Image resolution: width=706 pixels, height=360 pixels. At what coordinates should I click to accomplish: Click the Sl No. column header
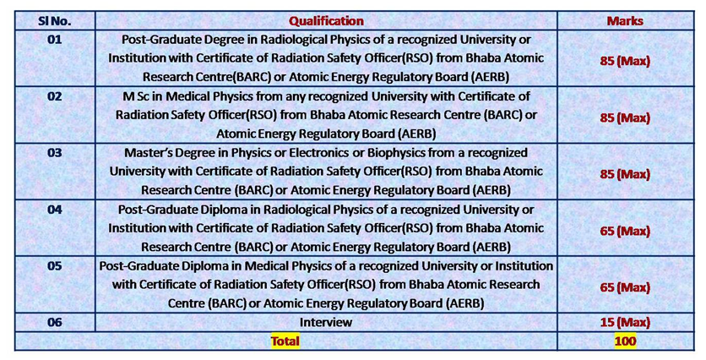click(x=55, y=21)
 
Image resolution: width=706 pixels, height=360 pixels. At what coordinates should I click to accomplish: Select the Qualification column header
click(x=326, y=21)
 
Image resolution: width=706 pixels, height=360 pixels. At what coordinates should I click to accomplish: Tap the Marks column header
click(x=625, y=21)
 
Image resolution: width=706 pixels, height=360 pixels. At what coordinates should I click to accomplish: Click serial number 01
click(x=55, y=40)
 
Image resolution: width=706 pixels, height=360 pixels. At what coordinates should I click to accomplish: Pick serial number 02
click(x=55, y=96)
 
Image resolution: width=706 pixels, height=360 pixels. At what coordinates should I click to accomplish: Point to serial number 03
click(x=55, y=153)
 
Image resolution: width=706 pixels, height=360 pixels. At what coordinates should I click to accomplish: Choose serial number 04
click(x=55, y=210)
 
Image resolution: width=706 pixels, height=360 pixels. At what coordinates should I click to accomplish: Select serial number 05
click(x=55, y=266)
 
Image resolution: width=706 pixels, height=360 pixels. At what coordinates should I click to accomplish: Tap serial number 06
click(x=55, y=323)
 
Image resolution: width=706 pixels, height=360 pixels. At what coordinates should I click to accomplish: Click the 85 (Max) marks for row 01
click(x=625, y=61)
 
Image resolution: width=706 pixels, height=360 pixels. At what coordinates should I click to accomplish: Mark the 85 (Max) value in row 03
click(x=625, y=174)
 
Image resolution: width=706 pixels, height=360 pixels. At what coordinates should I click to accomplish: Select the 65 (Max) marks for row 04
click(x=625, y=232)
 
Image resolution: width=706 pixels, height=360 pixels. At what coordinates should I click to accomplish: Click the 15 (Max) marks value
click(x=625, y=323)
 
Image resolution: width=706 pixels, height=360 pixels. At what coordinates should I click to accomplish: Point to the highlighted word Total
click(x=285, y=341)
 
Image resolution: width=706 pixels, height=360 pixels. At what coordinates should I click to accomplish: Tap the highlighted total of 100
click(x=625, y=341)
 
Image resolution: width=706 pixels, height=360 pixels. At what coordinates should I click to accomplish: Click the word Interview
click(x=326, y=323)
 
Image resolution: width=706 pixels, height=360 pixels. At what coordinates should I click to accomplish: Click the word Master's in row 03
click(x=145, y=153)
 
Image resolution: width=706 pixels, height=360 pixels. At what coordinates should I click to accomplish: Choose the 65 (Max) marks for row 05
click(x=625, y=287)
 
